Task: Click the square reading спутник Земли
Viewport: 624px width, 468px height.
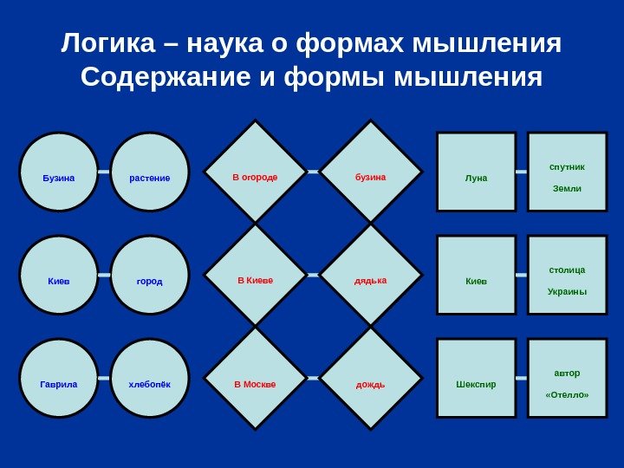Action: [568, 172]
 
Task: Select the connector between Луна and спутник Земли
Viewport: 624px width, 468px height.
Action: [522, 172]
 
